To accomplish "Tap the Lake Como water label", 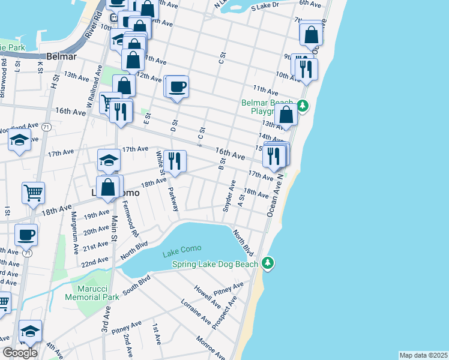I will [182, 249].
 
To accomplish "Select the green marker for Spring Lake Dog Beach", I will [268, 263].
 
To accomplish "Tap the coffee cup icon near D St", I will [177, 86].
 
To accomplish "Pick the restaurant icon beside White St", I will [175, 161].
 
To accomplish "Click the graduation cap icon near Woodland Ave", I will [20, 141].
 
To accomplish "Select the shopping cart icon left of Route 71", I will [33, 193].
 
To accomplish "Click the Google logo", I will [20, 352].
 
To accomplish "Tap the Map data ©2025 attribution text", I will [423, 355].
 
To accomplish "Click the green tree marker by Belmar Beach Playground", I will [304, 106].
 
